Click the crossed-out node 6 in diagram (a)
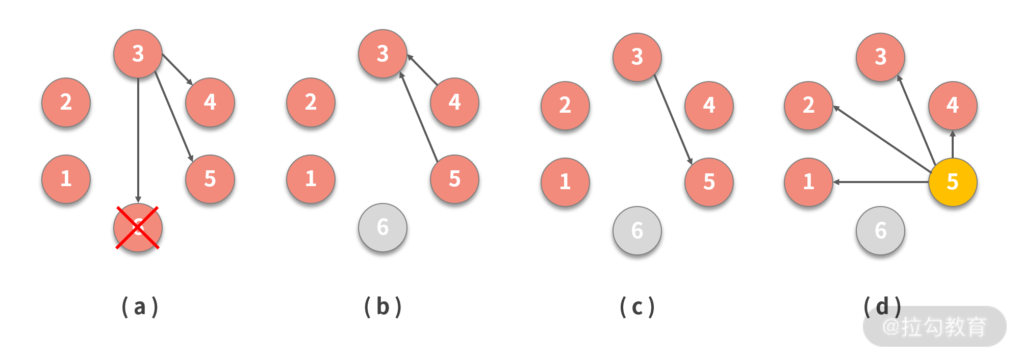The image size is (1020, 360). click(x=138, y=227)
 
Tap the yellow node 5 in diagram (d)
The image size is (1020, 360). click(x=952, y=182)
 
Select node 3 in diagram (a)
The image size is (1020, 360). click(x=138, y=54)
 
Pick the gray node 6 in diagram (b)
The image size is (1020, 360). click(x=382, y=227)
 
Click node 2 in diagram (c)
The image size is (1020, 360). click(x=565, y=106)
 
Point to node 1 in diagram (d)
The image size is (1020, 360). click(x=808, y=182)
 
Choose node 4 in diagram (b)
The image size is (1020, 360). click(x=454, y=102)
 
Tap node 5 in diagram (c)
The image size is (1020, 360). click(x=709, y=182)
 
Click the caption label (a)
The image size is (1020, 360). click(x=140, y=307)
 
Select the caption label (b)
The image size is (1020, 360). click(x=383, y=307)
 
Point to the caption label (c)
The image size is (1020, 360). click(x=637, y=307)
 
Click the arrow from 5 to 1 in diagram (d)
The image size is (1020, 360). click(x=881, y=182)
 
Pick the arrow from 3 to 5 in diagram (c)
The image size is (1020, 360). click(x=673, y=120)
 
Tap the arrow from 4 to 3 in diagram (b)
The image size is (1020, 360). click(x=422, y=69)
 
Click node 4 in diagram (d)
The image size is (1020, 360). click(x=952, y=106)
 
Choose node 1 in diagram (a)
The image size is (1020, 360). click(x=66, y=179)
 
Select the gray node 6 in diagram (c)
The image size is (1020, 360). click(x=637, y=230)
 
